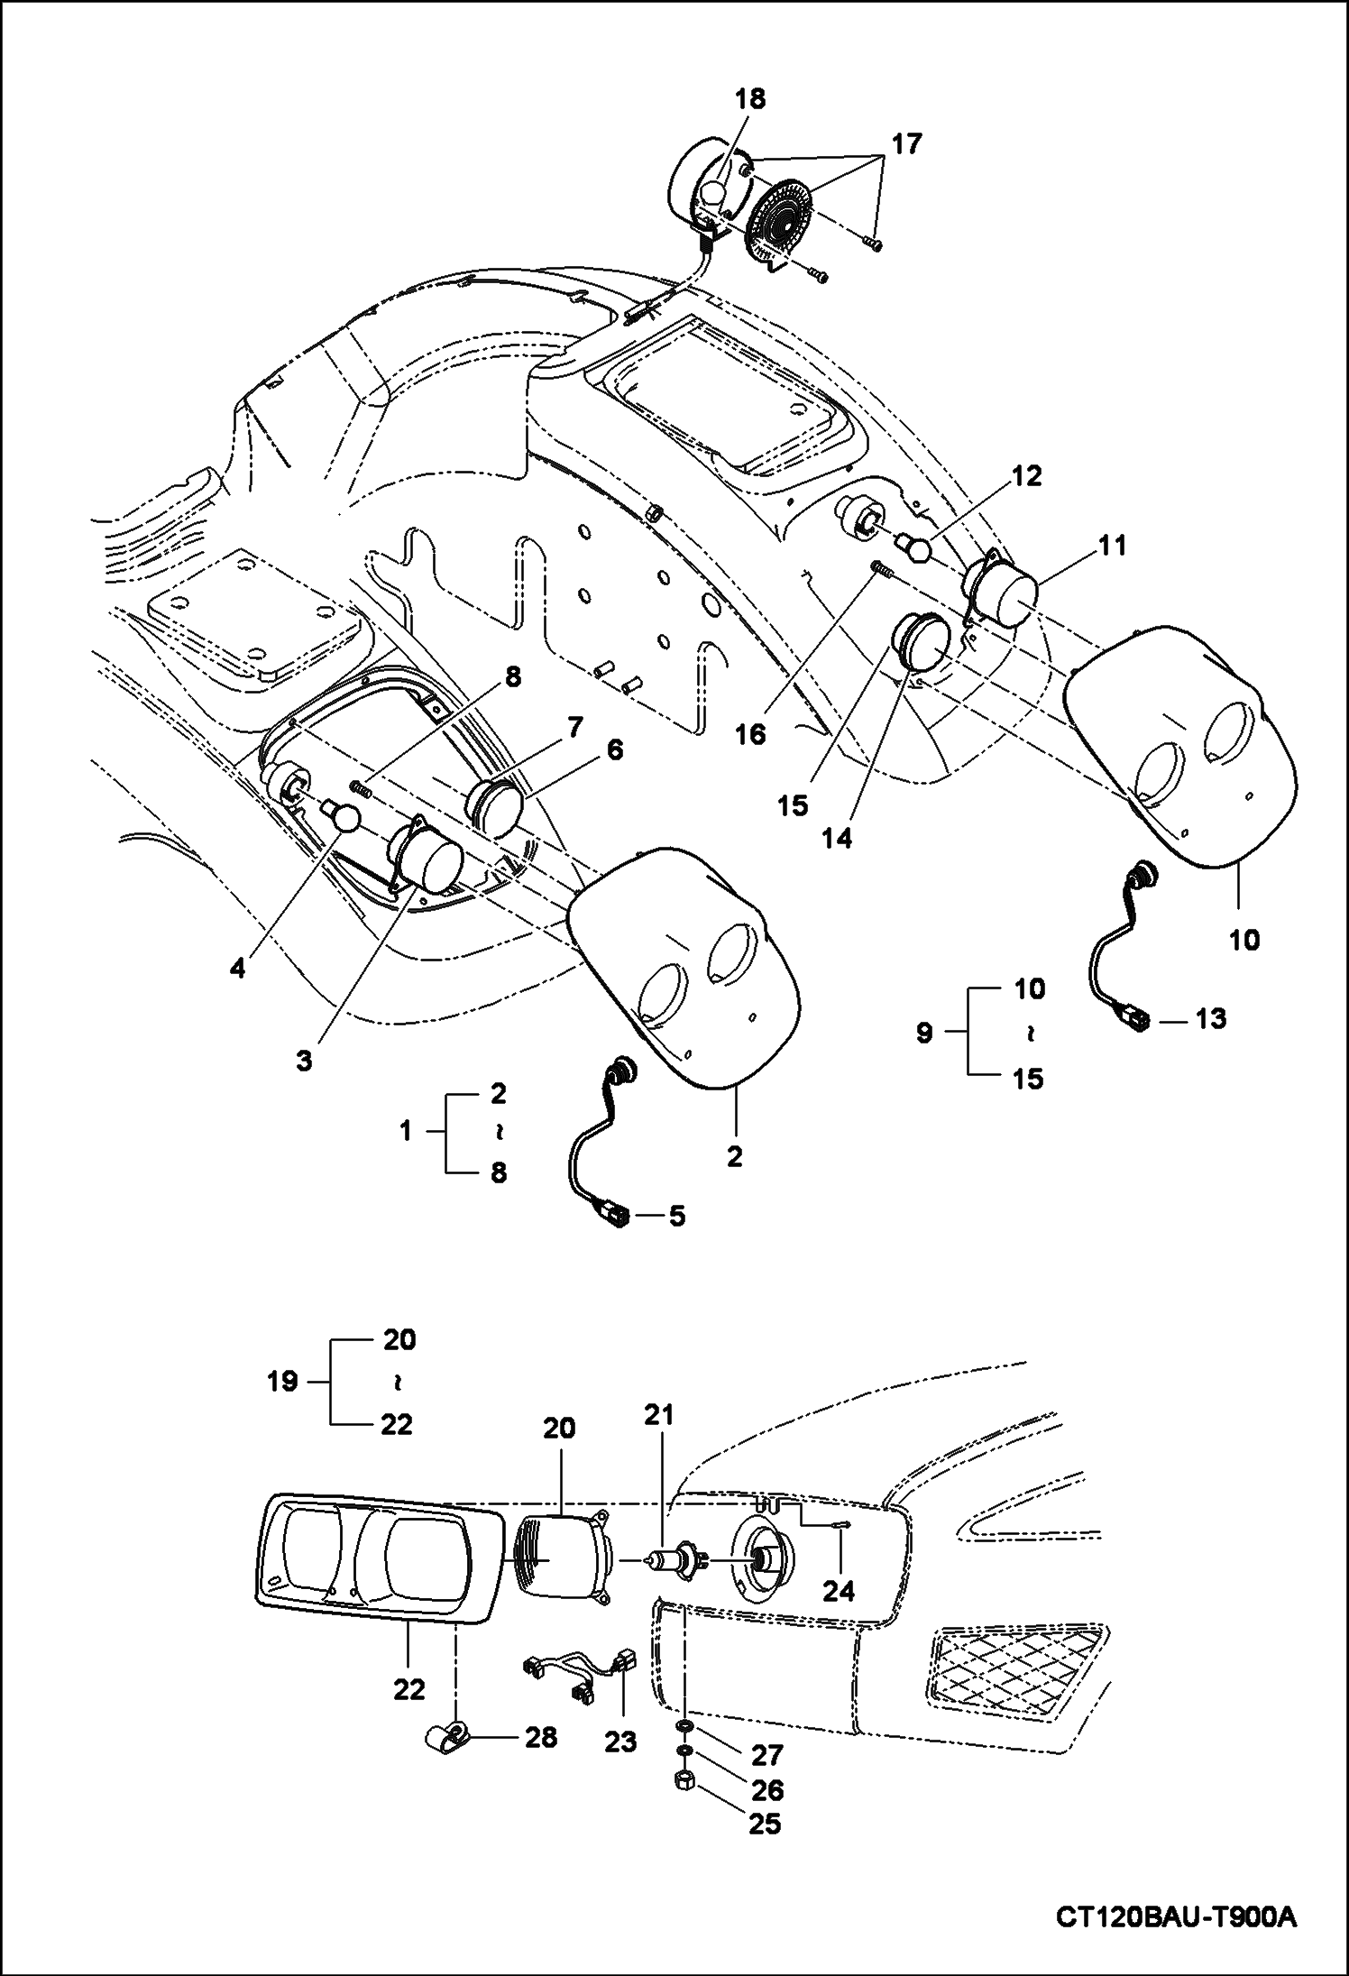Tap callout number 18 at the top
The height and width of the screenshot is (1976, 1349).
click(x=750, y=99)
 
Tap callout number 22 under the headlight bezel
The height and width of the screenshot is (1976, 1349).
click(x=408, y=1688)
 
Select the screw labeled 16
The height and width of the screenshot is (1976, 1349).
click(x=880, y=570)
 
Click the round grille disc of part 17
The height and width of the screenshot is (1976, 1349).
click(x=782, y=217)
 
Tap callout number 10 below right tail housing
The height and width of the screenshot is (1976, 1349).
click(x=1243, y=940)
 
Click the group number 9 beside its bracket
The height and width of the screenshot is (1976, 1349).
click(x=924, y=1033)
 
